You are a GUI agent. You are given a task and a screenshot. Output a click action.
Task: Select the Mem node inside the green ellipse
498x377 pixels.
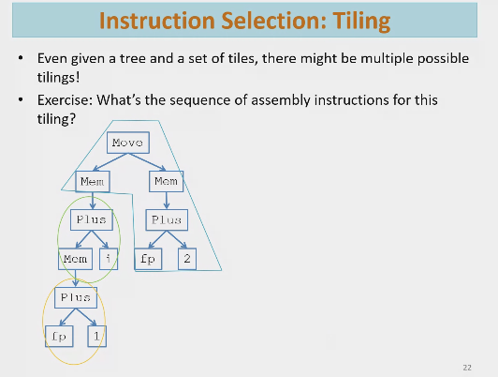[x=75, y=257]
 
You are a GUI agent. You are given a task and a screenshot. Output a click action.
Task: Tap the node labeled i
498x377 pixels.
[x=109, y=257]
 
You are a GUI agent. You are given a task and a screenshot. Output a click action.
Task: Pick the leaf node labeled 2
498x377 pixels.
[x=185, y=257]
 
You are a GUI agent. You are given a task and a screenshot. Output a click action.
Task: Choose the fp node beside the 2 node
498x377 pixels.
[x=148, y=257]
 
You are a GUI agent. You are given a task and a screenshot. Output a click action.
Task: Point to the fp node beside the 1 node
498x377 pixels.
[x=57, y=334]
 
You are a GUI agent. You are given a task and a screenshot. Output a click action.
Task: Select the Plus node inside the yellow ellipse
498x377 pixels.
[x=75, y=296]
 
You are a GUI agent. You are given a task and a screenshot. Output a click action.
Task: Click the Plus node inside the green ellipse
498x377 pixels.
[x=92, y=219]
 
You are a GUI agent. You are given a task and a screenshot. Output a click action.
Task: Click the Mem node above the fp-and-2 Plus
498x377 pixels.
[x=167, y=179]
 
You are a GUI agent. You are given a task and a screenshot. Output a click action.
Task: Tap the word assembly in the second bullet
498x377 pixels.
[x=290, y=98]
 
